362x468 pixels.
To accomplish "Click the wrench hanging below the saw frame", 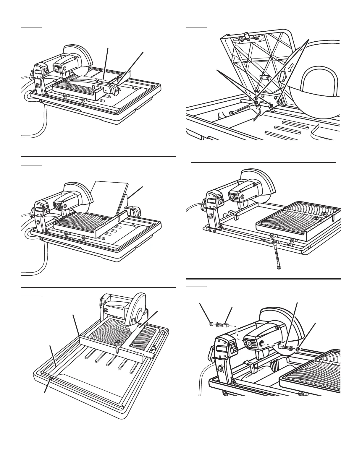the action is tap(277, 254).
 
